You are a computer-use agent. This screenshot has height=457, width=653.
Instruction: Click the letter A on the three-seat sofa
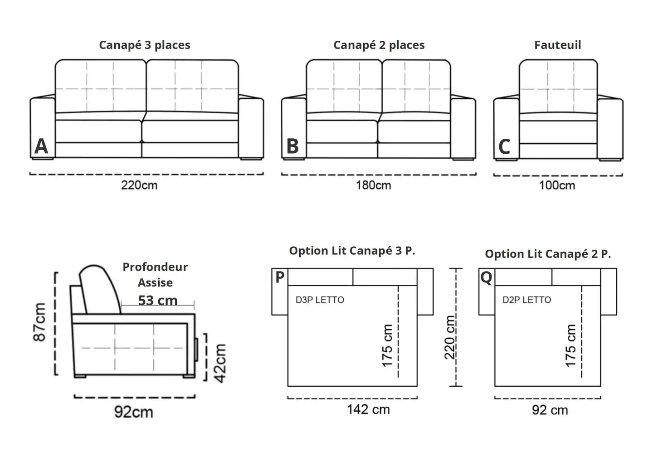(41, 146)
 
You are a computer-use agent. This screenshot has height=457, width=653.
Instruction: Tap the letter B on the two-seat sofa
(292, 146)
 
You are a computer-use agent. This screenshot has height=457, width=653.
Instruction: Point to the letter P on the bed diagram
(280, 277)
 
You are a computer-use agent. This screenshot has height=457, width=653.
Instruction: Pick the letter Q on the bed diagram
(486, 278)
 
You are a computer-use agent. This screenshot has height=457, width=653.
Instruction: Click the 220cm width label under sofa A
(139, 185)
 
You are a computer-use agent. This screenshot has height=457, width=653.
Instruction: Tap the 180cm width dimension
(374, 185)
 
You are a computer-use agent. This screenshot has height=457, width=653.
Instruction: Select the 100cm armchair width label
(557, 185)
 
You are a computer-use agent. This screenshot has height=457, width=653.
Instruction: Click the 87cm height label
(39, 322)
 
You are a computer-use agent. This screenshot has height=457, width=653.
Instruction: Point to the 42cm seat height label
(220, 363)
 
